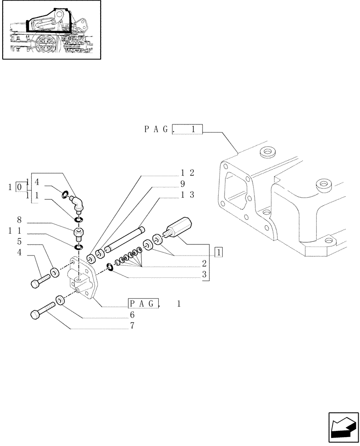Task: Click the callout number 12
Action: tap(188, 173)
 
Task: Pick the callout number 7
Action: tap(133, 326)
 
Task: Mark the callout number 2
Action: tap(204, 263)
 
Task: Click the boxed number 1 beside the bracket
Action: tap(219, 252)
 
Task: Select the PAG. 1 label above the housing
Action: tap(173, 129)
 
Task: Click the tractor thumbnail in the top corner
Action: tap(51, 30)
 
